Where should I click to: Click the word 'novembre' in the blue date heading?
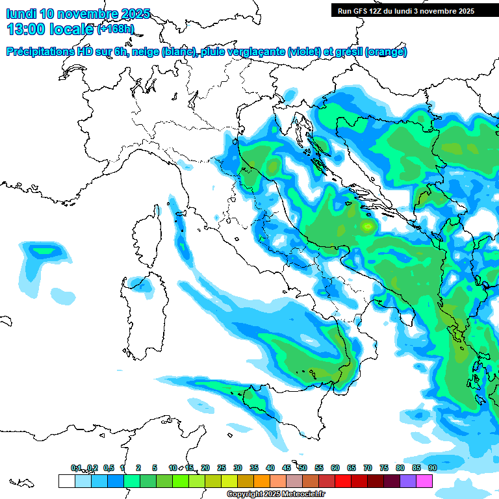(88, 14)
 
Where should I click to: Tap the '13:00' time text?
(26, 29)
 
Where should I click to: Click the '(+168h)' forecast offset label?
(115, 29)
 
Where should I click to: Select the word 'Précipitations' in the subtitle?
(41, 51)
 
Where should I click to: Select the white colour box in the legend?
(66, 481)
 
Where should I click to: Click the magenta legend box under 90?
(424, 481)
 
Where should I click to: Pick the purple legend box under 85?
(408, 481)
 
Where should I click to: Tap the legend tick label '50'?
(303, 468)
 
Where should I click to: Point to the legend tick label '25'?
(222, 468)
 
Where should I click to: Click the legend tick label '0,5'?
(109, 468)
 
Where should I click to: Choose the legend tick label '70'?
(368, 468)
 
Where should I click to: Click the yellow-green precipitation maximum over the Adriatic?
(368, 226)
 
